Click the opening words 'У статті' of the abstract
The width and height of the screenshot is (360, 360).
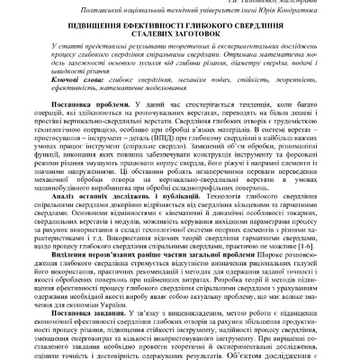(69, 53)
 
